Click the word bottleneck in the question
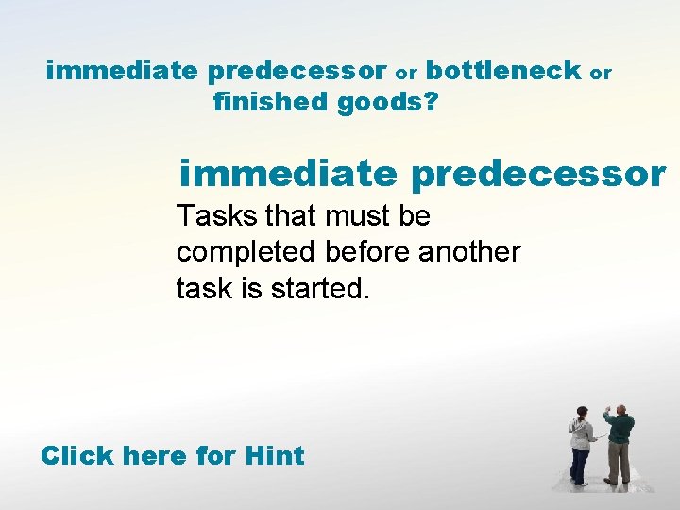(x=503, y=71)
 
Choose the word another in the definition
(x=470, y=253)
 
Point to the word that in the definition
(x=291, y=217)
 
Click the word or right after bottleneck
(x=601, y=73)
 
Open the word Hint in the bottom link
(x=274, y=456)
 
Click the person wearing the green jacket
(x=619, y=444)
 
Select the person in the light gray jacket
(x=581, y=446)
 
